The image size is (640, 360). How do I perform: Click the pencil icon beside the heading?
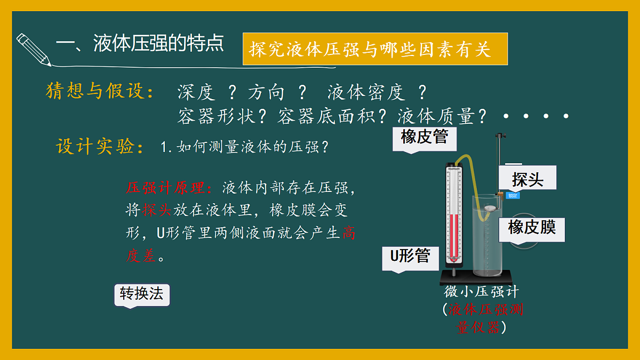(x=34, y=50)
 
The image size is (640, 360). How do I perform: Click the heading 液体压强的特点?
(x=158, y=44)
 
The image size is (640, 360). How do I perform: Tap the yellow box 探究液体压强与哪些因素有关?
(x=374, y=49)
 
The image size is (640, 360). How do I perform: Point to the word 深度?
(x=196, y=93)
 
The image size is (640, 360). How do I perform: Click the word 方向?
(x=267, y=93)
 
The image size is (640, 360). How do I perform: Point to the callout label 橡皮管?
(x=425, y=138)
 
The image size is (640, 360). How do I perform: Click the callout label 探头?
(x=527, y=179)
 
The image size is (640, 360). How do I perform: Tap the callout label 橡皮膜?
(x=532, y=228)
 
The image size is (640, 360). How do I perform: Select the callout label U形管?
(x=410, y=257)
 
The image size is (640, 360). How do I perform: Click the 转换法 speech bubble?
(x=141, y=294)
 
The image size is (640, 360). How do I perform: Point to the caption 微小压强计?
(x=481, y=292)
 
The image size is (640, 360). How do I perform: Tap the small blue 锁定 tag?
(x=512, y=195)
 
